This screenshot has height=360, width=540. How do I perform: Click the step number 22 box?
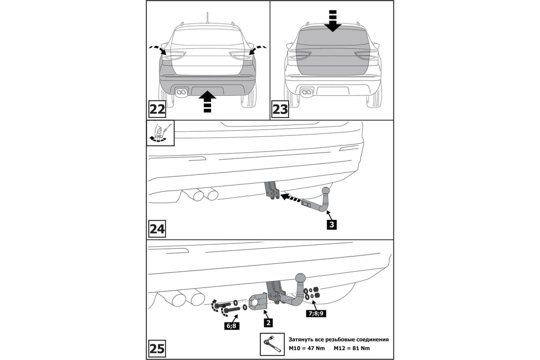click(x=157, y=109)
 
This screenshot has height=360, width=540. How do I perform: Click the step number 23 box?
click(x=280, y=109)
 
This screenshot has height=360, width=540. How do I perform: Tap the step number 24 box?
click(x=157, y=229)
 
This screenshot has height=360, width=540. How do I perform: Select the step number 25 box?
click(x=157, y=348)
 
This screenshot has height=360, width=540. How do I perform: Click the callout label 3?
click(x=332, y=225)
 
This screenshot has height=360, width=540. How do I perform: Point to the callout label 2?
click(x=268, y=322)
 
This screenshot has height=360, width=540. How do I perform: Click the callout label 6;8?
click(x=232, y=326)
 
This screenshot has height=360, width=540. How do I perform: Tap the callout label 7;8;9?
click(x=316, y=314)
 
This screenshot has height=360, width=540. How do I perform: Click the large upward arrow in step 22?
click(x=207, y=101)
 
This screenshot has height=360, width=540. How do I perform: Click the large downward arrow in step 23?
click(x=333, y=21)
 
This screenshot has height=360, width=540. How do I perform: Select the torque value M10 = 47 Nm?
click(x=306, y=348)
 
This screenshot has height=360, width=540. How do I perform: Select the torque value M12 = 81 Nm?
click(x=352, y=348)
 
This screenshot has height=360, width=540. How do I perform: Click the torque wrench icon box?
click(x=272, y=344)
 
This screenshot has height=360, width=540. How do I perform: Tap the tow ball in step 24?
click(x=326, y=191)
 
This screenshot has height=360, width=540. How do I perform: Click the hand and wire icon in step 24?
click(x=160, y=133)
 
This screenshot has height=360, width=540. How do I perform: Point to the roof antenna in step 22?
click(x=207, y=18)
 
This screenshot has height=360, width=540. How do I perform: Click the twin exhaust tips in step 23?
click(x=306, y=92)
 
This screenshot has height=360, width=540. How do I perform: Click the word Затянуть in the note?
click(x=301, y=339)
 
